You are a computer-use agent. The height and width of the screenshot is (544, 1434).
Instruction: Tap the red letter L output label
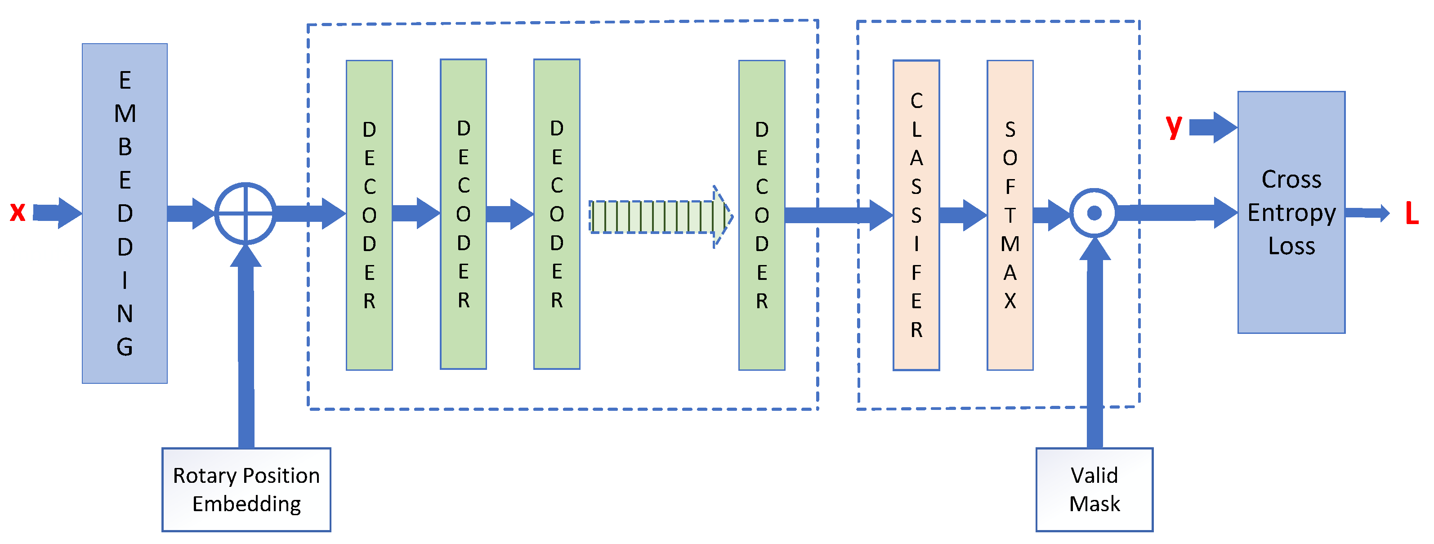(x=1412, y=213)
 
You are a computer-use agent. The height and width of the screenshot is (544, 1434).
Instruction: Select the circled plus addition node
(x=246, y=213)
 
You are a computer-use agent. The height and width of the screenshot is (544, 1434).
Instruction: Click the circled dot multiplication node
(x=1094, y=213)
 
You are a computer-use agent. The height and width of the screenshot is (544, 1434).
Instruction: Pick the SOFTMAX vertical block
(x=1010, y=215)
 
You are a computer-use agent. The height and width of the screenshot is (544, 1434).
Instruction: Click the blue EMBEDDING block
(x=125, y=213)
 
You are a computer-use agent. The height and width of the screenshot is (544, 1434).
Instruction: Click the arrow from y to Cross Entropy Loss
(x=1212, y=127)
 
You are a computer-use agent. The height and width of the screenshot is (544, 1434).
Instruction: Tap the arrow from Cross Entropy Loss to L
(x=1367, y=213)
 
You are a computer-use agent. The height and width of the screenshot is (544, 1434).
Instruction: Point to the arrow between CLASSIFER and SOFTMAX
(x=962, y=215)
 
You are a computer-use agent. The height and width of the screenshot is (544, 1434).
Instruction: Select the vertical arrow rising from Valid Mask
(x=1094, y=345)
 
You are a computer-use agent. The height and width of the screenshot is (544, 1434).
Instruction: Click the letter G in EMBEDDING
(x=125, y=346)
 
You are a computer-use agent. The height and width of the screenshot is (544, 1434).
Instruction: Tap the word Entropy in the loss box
(x=1291, y=213)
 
